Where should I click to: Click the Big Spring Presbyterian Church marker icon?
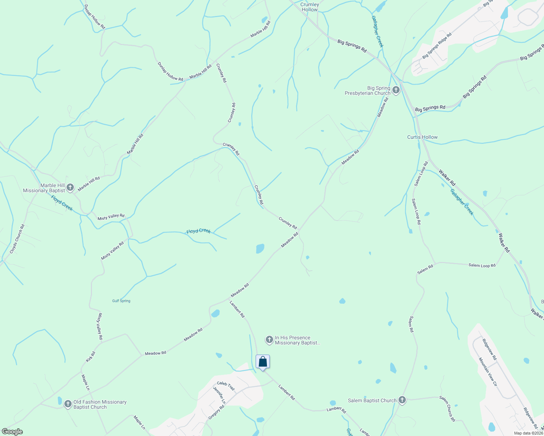click(x=396, y=90)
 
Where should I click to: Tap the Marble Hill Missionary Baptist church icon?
click(x=70, y=187)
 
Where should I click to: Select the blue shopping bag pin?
click(x=263, y=362)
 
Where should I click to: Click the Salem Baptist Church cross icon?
click(x=402, y=400)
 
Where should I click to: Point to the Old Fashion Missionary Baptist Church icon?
click(x=68, y=404)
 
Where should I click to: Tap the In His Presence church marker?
click(x=269, y=340)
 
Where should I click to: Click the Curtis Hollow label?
click(x=422, y=137)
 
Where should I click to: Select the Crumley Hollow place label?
click(x=309, y=7)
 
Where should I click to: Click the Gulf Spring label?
click(x=121, y=301)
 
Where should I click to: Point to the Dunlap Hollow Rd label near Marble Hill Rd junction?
click(x=170, y=71)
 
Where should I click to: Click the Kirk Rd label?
click(x=91, y=356)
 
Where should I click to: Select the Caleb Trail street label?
click(x=226, y=386)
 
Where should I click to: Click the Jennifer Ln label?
click(x=219, y=395)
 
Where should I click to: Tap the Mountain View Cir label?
click(x=488, y=372)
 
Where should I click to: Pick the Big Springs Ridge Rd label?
click(x=437, y=46)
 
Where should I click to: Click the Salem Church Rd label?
click(x=447, y=408)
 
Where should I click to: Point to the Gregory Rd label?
click(x=216, y=412)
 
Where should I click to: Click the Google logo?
click(x=12, y=432)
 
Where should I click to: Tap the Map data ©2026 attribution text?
click(x=528, y=433)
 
